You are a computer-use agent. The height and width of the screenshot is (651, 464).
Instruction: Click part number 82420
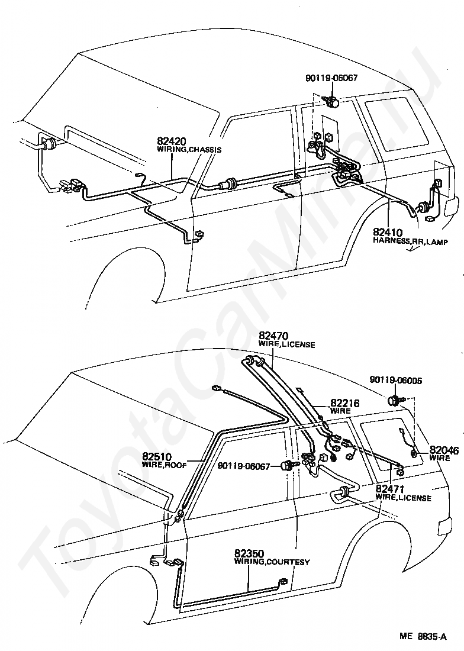(172, 141)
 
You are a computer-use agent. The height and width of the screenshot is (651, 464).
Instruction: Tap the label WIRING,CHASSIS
(189, 150)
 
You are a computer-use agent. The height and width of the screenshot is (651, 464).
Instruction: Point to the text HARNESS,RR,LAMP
(411, 241)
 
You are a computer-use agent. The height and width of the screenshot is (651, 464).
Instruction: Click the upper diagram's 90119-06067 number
(332, 78)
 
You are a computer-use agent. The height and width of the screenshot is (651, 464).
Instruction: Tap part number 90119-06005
(396, 381)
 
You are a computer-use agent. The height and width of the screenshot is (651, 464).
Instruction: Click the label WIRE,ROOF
(164, 465)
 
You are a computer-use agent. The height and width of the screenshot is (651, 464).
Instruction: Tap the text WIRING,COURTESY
(272, 562)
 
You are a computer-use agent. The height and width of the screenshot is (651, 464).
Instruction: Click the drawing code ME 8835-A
(423, 638)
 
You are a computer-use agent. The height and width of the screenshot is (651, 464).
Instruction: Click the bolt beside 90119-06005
(394, 401)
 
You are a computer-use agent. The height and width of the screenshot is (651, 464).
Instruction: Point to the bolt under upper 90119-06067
(333, 102)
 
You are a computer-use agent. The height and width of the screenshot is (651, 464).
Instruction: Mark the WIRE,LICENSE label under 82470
(286, 344)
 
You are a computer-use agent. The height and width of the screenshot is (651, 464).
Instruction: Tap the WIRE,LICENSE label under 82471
(403, 498)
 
